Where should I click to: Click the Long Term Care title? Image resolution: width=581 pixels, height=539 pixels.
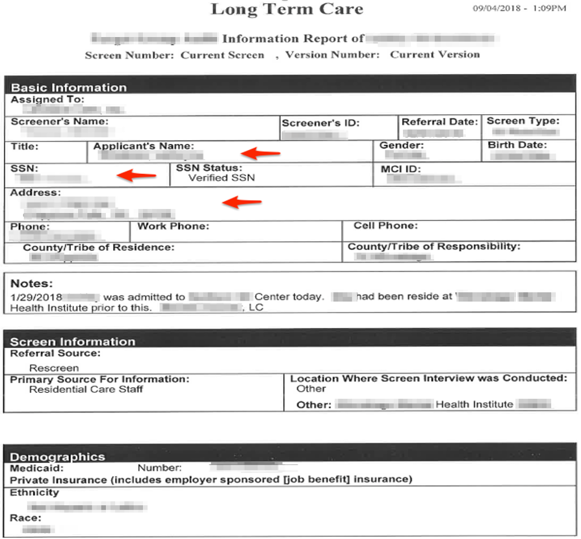click(x=287, y=9)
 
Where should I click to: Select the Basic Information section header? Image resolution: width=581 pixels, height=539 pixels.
click(x=69, y=87)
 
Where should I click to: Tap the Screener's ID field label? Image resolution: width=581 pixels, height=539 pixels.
click(x=320, y=123)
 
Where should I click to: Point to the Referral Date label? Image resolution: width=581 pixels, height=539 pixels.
click(x=440, y=121)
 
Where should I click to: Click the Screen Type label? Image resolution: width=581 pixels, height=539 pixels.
click(x=523, y=121)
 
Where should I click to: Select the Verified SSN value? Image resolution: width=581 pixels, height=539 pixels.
click(x=222, y=177)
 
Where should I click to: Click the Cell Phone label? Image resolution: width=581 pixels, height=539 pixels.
click(x=385, y=226)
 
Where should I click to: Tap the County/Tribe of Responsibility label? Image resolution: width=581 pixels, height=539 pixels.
click(x=434, y=247)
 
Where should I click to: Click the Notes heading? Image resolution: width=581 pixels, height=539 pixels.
click(x=32, y=284)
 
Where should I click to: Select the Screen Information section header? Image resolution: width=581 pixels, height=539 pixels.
click(x=73, y=342)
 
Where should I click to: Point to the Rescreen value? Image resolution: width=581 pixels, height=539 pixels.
click(x=54, y=368)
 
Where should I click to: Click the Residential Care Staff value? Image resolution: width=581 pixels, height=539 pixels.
click(x=86, y=389)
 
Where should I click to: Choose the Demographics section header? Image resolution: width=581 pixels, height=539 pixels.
click(x=57, y=457)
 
